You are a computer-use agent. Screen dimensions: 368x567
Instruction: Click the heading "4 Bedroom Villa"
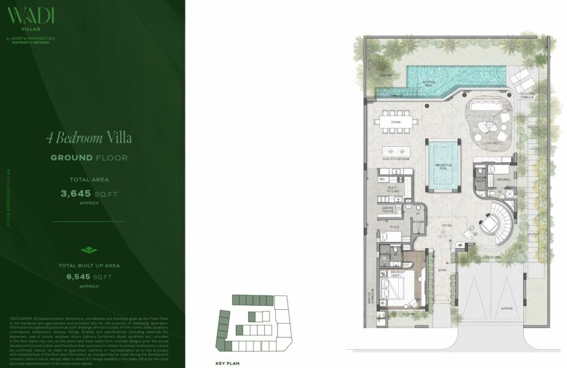[x=89, y=138]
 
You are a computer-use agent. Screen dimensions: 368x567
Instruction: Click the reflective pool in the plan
[x=443, y=165]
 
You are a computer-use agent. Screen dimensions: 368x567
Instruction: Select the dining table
[x=395, y=122]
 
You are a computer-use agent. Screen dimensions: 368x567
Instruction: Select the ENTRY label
[x=442, y=271]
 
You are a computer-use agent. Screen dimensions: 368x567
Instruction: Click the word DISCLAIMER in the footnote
[x=22, y=319]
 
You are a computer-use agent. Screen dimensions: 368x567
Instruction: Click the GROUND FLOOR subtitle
[x=89, y=158]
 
